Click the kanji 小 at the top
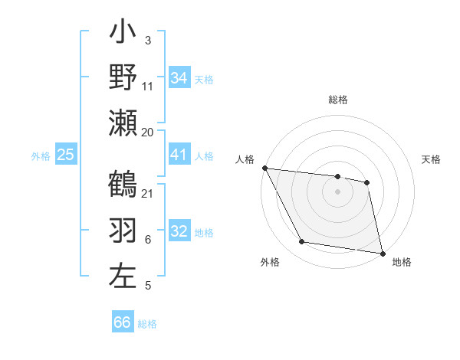(123, 34)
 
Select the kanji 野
(123, 79)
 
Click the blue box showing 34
(179, 78)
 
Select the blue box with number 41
(179, 155)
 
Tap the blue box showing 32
(179, 231)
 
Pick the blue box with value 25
(66, 155)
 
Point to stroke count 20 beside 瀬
(148, 132)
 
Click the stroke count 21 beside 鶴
(148, 192)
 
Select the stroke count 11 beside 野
(148, 87)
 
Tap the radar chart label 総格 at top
(338, 100)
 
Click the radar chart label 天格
(432, 159)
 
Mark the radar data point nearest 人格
(265, 168)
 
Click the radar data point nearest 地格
(381, 252)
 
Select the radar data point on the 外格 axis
(302, 242)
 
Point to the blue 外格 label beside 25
(41, 155)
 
